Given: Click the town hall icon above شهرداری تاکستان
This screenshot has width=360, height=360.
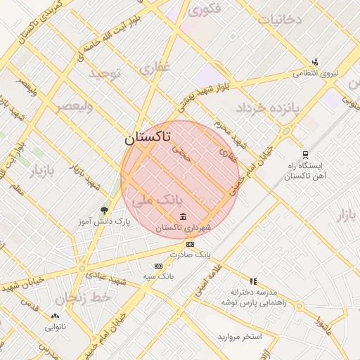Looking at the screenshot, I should tap(184, 216).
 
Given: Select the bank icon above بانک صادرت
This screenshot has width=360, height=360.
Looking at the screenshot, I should tap(190, 244).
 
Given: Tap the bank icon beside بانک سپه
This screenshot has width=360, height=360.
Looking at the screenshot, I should tap(158, 266).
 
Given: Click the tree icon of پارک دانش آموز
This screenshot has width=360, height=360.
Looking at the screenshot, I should tap(105, 210).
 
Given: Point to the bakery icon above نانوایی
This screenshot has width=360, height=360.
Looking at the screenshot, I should tap(56, 316).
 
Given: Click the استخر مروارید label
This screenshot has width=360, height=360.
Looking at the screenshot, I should tap(239, 337).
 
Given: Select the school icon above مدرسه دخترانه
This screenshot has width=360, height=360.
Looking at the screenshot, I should tap(253, 281).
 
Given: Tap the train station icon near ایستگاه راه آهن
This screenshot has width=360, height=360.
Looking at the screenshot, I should tap(304, 155).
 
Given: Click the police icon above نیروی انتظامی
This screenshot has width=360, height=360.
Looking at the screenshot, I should tap(315, 62).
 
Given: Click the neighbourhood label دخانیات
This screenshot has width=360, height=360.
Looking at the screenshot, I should tap(279, 18).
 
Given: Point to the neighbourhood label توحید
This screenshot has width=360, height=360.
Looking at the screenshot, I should tap(106, 72).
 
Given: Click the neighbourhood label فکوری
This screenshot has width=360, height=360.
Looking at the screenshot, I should tap(205, 9).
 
